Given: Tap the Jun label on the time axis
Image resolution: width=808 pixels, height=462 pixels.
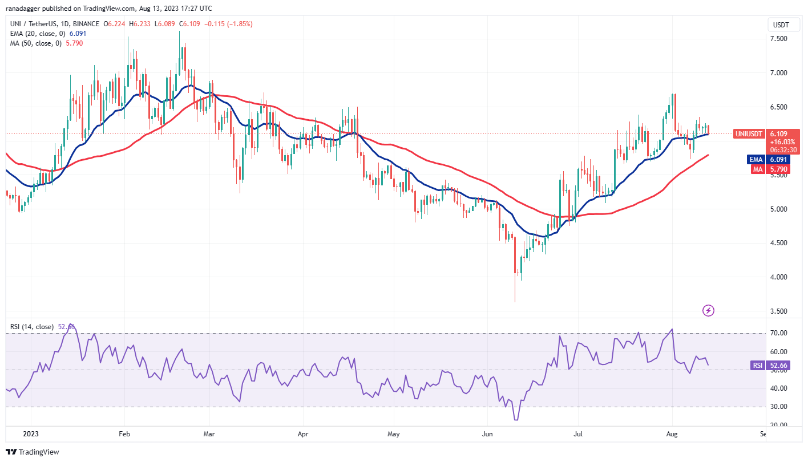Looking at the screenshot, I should tap(488, 434).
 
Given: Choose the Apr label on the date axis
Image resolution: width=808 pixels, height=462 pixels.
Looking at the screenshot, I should tap(303, 434).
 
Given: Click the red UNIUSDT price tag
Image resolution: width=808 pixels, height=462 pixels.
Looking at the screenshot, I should tap(747, 133).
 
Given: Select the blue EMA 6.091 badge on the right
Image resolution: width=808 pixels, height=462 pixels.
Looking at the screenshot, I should tap(768, 160).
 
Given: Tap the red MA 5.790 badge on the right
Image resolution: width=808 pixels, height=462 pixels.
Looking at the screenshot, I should tap(769, 169).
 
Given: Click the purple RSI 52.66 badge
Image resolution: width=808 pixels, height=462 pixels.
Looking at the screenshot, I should tap(768, 366).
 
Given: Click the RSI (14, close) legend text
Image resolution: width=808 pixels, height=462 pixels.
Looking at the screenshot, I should tap(31, 327).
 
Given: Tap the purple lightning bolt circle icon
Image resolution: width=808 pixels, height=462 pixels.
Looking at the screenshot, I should tap(708, 311).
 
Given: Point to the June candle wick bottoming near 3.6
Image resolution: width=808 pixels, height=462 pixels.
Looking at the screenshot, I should tap(515, 299).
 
